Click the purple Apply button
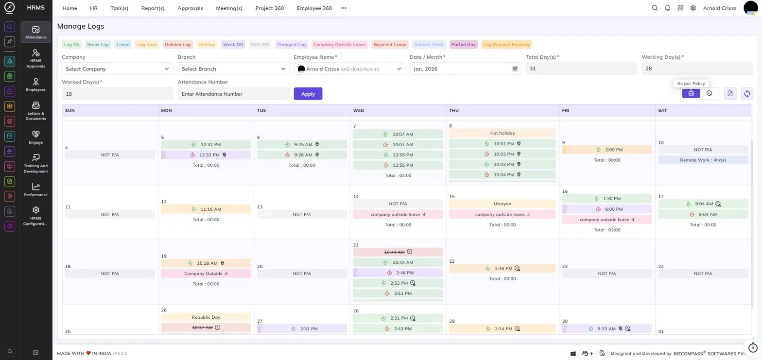[308, 94]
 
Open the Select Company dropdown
[118, 69]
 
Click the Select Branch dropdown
[233, 69]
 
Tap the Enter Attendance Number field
[233, 94]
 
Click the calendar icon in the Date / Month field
[515, 69]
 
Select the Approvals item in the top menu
[190, 8]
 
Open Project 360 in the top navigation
[269, 8]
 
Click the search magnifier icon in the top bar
[655, 8]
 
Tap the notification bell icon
[667, 8]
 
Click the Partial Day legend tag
[463, 45]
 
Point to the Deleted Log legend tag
[177, 45]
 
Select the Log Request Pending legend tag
[506, 45]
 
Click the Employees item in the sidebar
[36, 85]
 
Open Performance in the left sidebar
[36, 189]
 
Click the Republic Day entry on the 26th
[206, 317]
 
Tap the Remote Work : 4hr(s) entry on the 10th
[703, 160]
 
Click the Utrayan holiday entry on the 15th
[502, 204]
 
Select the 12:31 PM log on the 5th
[206, 144]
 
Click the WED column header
[359, 110]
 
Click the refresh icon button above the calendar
[746, 93]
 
